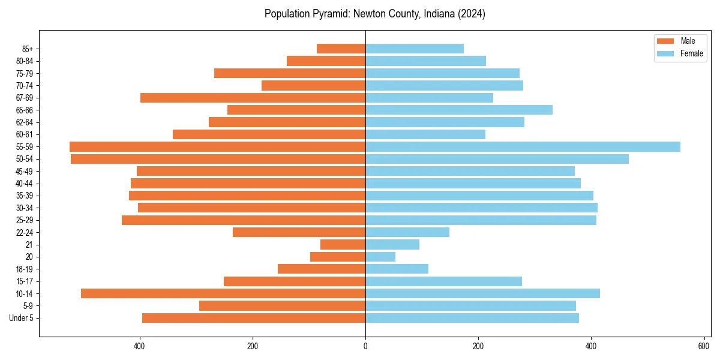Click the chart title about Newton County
374,14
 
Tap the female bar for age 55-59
523,147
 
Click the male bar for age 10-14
223,293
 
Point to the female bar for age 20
380,257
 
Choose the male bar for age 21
343,245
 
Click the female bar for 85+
415,49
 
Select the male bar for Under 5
254,318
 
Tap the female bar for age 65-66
459,110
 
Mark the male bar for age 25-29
244,220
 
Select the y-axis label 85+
28,49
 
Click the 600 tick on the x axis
704,346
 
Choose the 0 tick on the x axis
365,346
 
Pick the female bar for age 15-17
443,281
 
